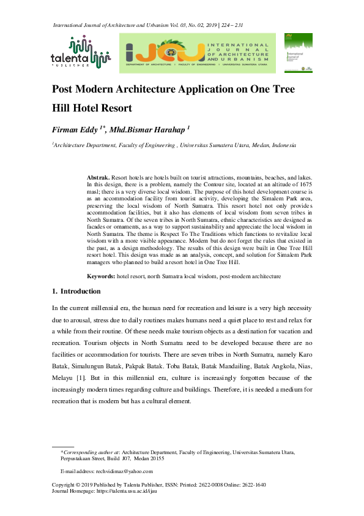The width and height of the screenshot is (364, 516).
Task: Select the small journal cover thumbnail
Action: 299,53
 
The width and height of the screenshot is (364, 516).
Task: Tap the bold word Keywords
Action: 100,277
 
